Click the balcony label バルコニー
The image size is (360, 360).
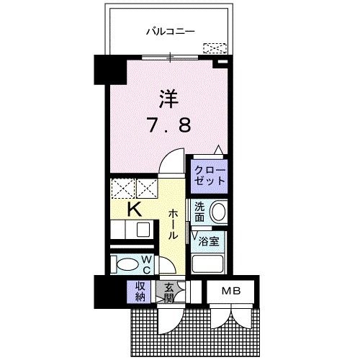coord(171,32)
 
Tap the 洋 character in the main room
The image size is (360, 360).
coord(168,99)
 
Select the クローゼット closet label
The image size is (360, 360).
coord(209,174)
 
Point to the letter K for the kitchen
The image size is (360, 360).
coord(134,210)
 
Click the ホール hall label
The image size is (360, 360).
coord(174,224)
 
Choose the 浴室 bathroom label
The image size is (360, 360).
coord(209,241)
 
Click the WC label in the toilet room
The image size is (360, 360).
coord(145,265)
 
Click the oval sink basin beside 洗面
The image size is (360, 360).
coord(219,213)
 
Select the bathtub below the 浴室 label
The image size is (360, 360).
coord(209,262)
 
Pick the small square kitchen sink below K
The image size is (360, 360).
coord(143,230)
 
